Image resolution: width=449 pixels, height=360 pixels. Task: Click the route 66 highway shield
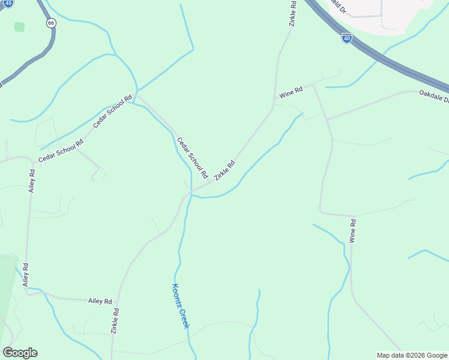52,22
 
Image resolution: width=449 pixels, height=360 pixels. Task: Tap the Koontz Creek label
181,305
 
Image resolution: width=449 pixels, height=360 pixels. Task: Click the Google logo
20,353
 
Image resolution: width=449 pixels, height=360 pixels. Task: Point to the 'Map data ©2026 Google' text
412,355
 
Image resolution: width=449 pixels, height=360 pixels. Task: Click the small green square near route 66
20,27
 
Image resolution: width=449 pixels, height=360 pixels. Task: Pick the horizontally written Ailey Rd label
100,301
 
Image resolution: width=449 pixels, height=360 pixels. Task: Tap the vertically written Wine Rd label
353,230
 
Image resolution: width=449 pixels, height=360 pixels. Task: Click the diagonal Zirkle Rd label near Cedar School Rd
224,170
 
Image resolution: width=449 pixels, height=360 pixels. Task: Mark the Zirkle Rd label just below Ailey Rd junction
115,320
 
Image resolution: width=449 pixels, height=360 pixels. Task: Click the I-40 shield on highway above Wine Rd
347,38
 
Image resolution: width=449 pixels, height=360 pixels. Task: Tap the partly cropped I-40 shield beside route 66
7,3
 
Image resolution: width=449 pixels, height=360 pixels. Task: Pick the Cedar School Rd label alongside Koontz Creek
191,158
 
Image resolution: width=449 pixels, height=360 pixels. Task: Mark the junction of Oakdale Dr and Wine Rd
328,119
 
